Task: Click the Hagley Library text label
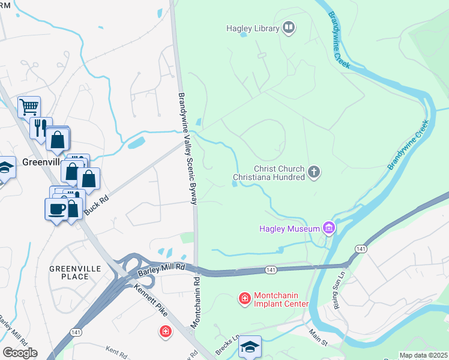[253, 28]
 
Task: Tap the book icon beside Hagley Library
[289, 28]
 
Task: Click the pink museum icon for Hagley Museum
[328, 228]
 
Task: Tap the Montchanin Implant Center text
[282, 299]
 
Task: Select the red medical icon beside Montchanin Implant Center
[244, 298]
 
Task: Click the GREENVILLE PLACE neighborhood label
[76, 272]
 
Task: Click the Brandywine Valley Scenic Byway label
[187, 148]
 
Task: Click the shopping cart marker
[28, 107]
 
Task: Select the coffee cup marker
[56, 209]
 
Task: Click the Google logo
[20, 352]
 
